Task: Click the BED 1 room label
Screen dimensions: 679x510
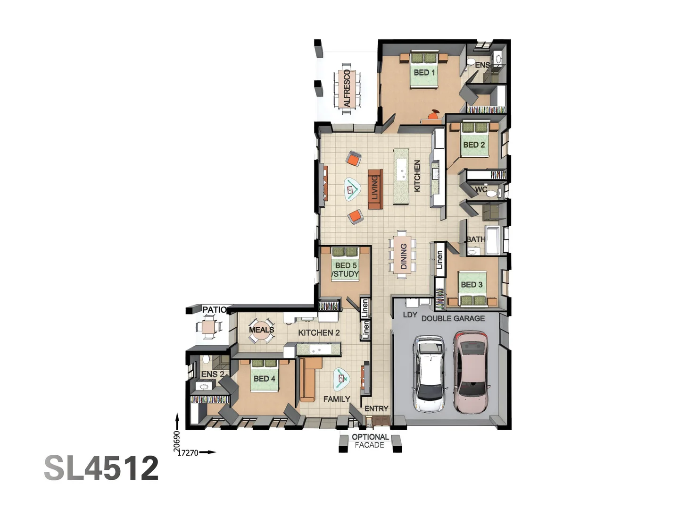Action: [x=424, y=72]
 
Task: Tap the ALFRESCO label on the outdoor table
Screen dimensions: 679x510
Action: [x=347, y=88]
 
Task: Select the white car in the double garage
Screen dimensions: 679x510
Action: [x=429, y=374]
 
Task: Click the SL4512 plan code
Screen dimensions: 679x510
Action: [x=101, y=468]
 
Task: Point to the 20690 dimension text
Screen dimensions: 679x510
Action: [x=177, y=441]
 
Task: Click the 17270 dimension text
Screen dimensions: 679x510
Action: [x=188, y=453]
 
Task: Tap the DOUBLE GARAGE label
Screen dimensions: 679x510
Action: [x=453, y=318]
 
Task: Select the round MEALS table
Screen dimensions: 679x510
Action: [x=261, y=331]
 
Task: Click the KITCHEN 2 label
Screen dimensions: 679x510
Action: [x=319, y=332]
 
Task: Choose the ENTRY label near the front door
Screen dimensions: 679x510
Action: [x=376, y=408]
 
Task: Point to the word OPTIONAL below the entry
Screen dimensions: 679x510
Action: [x=370, y=437]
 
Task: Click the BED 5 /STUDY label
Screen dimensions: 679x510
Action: [x=345, y=270]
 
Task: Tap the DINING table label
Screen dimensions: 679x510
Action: [x=404, y=256]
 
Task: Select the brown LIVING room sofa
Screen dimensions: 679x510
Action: [x=375, y=189]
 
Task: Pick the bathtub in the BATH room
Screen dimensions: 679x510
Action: [x=492, y=240]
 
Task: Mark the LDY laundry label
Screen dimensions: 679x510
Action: [x=410, y=314]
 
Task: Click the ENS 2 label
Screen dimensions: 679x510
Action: [x=213, y=374]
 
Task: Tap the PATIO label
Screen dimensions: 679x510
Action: [x=215, y=309]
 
